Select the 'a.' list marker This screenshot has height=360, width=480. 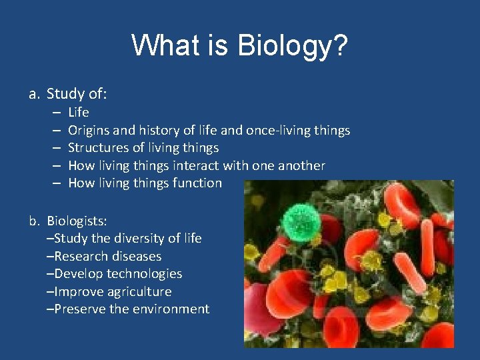(x=35, y=94)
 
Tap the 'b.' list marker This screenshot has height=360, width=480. (x=35, y=221)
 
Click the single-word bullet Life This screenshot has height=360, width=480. (x=78, y=112)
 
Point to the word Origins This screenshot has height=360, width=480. (x=90, y=130)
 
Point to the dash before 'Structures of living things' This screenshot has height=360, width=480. (x=56, y=147)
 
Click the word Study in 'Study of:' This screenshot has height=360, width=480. (x=63, y=94)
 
